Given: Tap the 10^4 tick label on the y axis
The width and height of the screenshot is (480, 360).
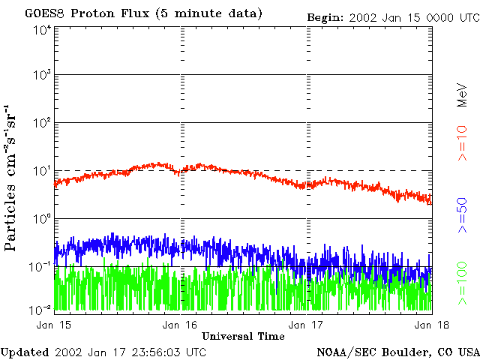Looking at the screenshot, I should [41, 29].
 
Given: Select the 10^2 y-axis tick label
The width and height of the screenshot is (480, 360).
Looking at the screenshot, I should [41, 124].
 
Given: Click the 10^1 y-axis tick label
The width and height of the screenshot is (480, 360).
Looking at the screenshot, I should [41, 172].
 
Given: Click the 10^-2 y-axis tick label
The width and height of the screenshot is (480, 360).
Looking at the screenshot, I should [40, 308].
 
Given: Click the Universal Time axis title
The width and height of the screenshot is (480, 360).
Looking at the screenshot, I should [243, 335].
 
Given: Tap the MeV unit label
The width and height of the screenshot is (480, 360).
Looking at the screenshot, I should [462, 93].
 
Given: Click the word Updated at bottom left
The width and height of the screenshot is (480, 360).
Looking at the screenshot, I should [25, 352].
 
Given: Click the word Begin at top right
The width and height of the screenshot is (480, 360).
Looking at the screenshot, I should [324, 16].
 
